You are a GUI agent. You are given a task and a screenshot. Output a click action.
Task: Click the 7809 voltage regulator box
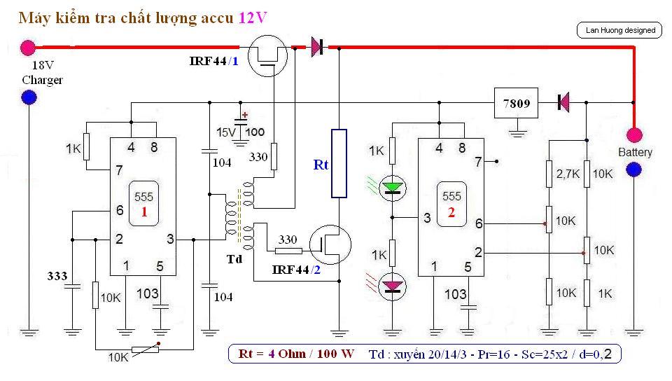pos(517,103)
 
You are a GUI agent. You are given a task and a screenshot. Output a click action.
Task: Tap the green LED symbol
pos(393,188)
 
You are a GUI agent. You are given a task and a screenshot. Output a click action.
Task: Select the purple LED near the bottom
pos(393,284)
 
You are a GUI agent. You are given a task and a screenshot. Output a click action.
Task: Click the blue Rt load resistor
pos(339,163)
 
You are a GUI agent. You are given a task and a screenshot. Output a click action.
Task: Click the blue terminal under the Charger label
pos(29,97)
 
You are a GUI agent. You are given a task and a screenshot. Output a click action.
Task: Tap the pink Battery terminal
pos(634,134)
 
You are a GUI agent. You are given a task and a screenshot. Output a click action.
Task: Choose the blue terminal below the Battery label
pos(634,169)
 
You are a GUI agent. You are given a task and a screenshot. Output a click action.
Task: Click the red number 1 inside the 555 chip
pos(143,212)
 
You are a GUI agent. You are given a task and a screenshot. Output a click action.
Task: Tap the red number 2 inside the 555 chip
pos(451,212)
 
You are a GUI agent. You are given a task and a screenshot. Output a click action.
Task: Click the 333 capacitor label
pos(58,276)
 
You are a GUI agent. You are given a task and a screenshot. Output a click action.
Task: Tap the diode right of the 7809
pos(562,103)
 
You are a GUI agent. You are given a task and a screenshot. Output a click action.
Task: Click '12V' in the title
pos(252,18)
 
